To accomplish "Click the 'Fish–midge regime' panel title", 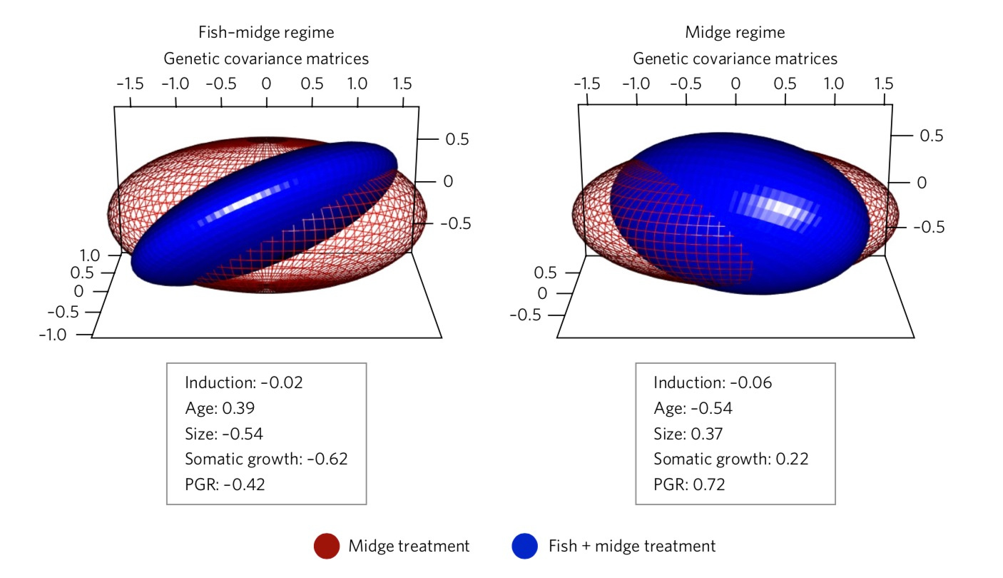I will [x=266, y=32].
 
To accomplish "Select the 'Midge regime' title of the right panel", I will [x=735, y=32].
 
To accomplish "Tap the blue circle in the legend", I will [x=524, y=547].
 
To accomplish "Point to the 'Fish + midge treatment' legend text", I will [x=631, y=547].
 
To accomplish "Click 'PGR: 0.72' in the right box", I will [x=689, y=485].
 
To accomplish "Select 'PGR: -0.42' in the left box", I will [x=225, y=485].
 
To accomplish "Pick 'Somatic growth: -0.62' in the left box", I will [x=266, y=459].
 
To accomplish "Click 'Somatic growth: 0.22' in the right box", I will [x=731, y=459].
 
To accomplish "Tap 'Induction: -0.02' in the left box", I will [x=244, y=382].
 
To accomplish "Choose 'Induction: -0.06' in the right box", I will [x=713, y=382].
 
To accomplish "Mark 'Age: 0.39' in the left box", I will [x=220, y=408].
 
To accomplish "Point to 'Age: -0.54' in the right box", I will [x=693, y=408].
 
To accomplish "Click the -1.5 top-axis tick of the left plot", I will [x=130, y=83].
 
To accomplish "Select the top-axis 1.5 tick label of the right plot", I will [x=883, y=83].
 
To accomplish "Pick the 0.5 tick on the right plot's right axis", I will [x=930, y=136].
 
